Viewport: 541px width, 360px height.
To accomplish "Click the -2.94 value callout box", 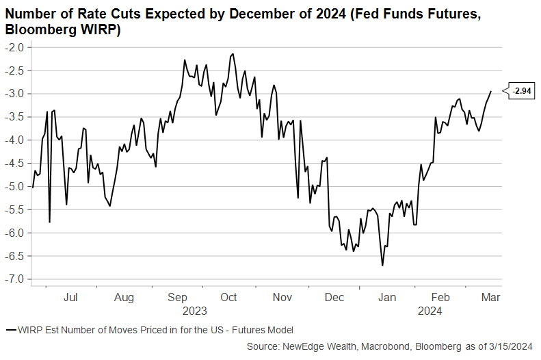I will tap(523, 90).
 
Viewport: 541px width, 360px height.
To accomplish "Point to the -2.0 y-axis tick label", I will tap(14, 47).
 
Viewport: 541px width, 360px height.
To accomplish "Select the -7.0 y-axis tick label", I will tap(14, 279).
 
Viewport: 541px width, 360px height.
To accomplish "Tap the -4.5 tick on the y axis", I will tap(14, 163).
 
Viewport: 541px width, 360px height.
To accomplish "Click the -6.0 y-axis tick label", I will tap(14, 233).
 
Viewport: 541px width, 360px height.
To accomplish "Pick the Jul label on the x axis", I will tap(70, 298).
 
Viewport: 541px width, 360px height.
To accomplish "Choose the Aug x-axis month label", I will tap(124, 298).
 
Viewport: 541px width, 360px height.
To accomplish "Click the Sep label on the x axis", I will tap(178, 298).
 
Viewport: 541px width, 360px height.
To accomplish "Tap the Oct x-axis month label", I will tap(228, 298).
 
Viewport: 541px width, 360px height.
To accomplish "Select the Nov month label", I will tap(282, 298).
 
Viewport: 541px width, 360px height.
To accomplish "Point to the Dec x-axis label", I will tap(334, 298).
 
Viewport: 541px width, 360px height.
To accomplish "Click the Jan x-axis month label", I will tap(388, 298).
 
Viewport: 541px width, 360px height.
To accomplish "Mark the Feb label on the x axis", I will tap(441, 298).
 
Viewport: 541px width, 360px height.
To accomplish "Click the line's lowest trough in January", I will tap(382, 266).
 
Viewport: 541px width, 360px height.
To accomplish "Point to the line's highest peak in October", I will tap(233, 53).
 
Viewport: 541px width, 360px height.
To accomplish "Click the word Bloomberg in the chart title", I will tap(36, 30).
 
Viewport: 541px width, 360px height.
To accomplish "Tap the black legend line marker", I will tap(11, 330).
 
